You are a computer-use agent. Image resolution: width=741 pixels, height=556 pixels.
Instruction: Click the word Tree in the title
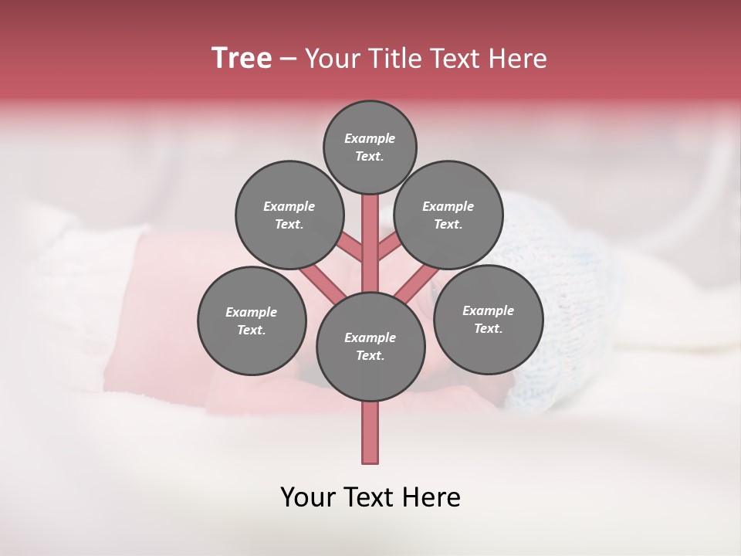coord(242,59)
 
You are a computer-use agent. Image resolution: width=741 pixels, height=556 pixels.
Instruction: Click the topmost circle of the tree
coord(370,147)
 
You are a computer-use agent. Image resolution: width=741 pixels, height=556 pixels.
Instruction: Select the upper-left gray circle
coord(289,215)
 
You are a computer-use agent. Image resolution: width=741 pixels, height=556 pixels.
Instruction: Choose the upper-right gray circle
coord(448,215)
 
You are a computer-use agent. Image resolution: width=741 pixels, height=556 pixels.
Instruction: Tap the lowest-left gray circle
coord(252,320)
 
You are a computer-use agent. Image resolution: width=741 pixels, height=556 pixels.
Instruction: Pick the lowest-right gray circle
coord(488,319)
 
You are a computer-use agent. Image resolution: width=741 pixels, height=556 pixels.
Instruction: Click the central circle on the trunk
coord(370,346)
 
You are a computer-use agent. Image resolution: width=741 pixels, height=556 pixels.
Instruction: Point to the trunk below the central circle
coord(370,432)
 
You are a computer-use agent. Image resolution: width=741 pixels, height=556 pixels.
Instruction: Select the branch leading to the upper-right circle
coord(388,249)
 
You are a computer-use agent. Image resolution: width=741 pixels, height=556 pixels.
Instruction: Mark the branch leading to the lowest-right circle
coord(417,283)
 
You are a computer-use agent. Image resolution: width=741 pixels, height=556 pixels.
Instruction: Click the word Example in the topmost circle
coord(370,139)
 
